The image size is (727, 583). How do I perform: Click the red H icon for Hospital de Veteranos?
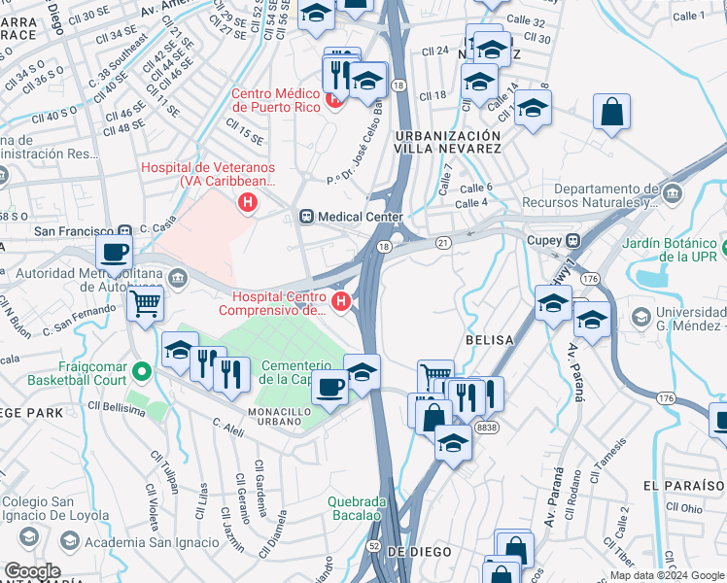(248, 203)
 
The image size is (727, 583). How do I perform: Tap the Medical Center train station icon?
(307, 216)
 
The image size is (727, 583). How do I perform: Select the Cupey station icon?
(573, 240)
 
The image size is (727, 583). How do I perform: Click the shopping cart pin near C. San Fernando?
(146, 302)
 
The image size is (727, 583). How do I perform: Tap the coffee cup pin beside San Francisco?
(114, 253)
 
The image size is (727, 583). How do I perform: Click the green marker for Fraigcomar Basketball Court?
(142, 370)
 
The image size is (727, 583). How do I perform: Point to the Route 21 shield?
(443, 241)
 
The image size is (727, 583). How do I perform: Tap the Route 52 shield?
(374, 546)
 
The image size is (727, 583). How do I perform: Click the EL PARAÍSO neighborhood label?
(677, 484)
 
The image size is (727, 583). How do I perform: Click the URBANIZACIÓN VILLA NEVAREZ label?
(448, 142)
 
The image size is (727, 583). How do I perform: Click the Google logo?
(32, 571)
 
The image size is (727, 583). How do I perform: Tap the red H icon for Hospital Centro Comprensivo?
(341, 301)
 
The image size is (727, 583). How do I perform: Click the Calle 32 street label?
(553, 20)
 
